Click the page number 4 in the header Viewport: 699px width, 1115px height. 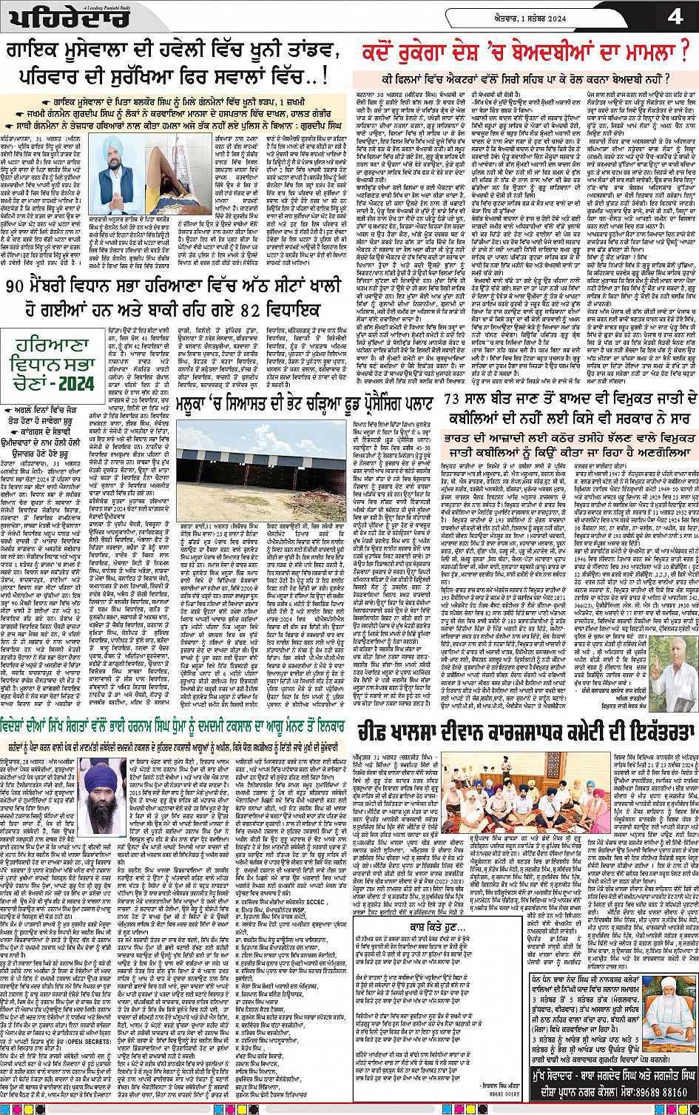pos(675,16)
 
